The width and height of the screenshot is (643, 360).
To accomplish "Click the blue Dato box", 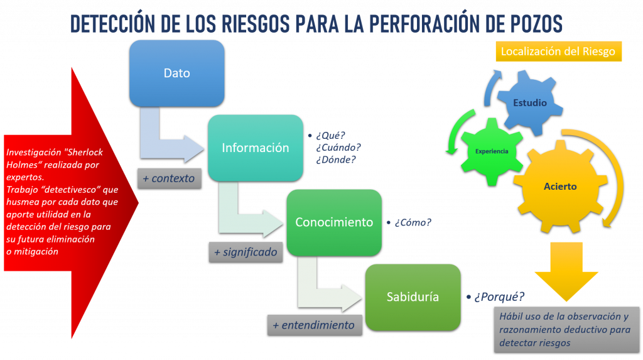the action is [x=176, y=74].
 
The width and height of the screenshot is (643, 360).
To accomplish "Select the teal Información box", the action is [x=256, y=148].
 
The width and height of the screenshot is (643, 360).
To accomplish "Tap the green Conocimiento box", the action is [x=334, y=222].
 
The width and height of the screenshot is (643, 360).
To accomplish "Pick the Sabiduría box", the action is [x=413, y=297].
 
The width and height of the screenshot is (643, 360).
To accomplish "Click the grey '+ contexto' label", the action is [x=170, y=178].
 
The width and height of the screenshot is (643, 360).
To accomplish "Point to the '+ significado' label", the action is [x=246, y=252].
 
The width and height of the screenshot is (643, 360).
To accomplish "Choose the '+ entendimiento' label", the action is [x=315, y=325].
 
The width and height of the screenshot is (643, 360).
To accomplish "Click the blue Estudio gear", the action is [x=530, y=102].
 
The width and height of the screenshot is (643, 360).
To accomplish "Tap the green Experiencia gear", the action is [x=492, y=151].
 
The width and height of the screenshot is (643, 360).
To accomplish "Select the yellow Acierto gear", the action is [x=560, y=187].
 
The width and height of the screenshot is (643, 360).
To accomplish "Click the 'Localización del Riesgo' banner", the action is [x=558, y=52].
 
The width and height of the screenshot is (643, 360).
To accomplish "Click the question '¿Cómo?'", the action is [x=413, y=222].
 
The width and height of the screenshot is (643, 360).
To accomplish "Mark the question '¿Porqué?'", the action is [x=499, y=297].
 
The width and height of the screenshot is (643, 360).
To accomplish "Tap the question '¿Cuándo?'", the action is [x=338, y=148].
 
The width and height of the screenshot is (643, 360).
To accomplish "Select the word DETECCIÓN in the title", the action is [x=112, y=23].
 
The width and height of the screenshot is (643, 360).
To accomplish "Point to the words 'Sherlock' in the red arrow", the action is [x=85, y=152].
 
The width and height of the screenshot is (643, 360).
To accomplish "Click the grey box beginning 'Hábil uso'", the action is [x=567, y=330].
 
